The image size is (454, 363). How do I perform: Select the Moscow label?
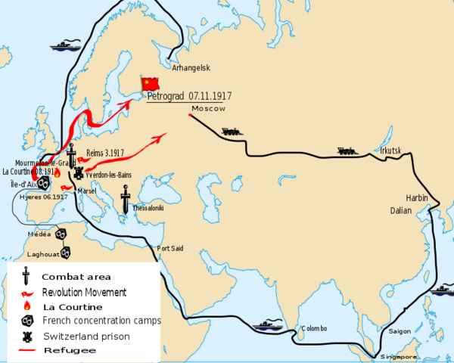(209, 109)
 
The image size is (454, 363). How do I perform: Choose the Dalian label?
(401, 210)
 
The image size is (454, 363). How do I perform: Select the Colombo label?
(314, 328)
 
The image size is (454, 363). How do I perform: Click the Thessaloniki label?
(148, 207)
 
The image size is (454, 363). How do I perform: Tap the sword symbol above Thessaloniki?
(126, 198)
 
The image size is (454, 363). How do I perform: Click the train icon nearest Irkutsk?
(347, 150)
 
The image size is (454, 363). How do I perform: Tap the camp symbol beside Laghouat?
(65, 252)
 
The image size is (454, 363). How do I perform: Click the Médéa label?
(39, 234)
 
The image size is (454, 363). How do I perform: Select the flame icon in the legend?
(26, 306)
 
